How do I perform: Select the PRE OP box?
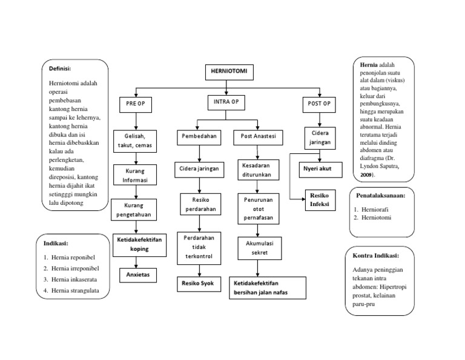(x=135, y=104)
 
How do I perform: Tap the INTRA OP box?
(x=226, y=102)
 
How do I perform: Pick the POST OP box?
(x=319, y=104)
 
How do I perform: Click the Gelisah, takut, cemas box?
(x=136, y=139)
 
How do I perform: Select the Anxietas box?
(x=136, y=275)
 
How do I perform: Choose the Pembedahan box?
(x=197, y=138)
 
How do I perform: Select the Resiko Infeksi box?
(x=319, y=201)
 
